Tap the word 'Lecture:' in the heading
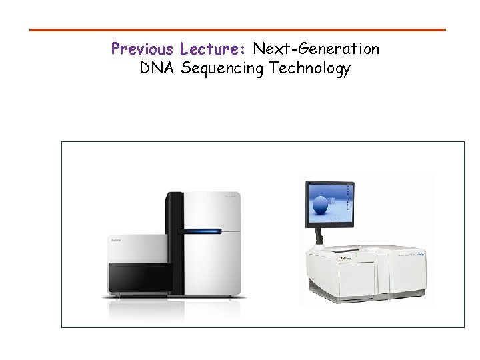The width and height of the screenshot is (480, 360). pyautogui.click(x=213, y=49)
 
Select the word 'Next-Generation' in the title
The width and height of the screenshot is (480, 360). pyautogui.click(x=316, y=49)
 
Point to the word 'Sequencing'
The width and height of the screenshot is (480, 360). pyautogui.click(x=223, y=69)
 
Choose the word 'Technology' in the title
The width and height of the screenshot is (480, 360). pyautogui.click(x=310, y=69)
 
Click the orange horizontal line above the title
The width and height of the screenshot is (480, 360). pyautogui.click(x=237, y=30)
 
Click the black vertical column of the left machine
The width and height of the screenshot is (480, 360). pyautogui.click(x=174, y=240)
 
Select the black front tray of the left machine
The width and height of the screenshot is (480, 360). pyautogui.click(x=140, y=277)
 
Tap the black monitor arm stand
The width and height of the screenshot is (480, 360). pyautogui.click(x=319, y=236)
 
